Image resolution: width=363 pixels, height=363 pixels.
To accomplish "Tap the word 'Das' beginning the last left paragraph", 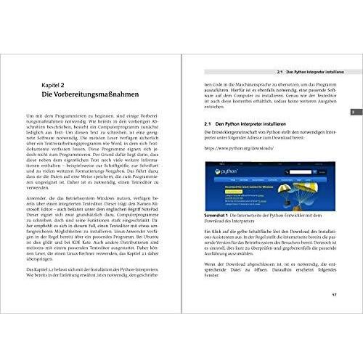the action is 30,269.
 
